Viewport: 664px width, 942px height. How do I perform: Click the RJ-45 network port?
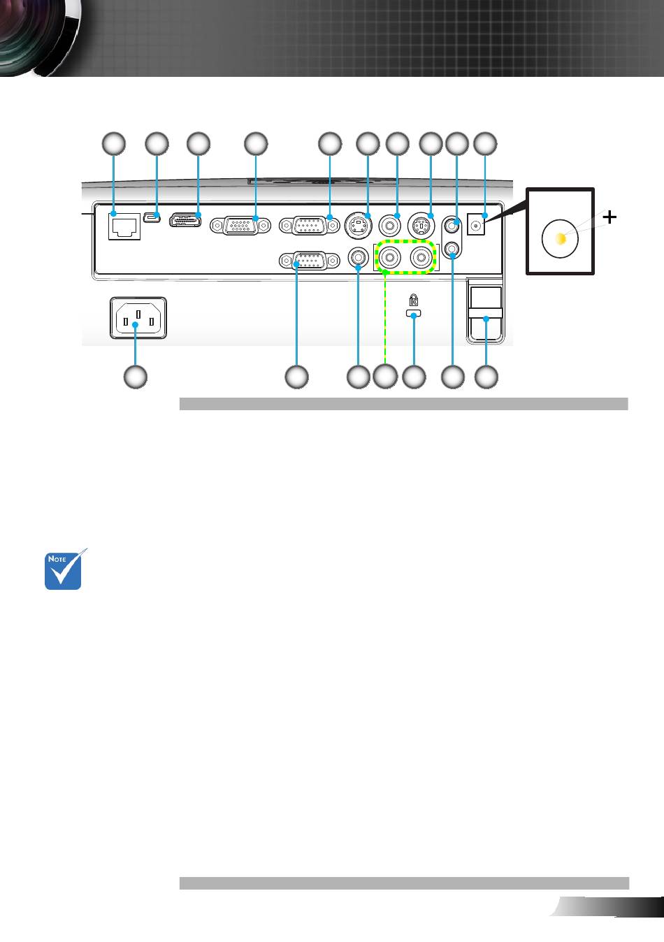coord(124,226)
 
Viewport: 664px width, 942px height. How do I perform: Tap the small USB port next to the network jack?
coord(152,218)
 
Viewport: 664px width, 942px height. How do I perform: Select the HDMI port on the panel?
coord(185,220)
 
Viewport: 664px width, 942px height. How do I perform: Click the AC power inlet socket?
coord(138,317)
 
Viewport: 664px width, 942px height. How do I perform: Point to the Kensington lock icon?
coord(414,300)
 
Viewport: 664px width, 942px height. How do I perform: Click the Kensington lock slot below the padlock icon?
coord(413,313)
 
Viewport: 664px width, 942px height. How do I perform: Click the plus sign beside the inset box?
coord(609,217)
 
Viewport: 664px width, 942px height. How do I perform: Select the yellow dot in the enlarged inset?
coord(561,238)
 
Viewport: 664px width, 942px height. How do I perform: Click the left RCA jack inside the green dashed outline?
coord(389,257)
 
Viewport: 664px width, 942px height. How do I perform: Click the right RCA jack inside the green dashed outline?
coord(421,257)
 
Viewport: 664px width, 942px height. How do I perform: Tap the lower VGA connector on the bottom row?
coord(310,261)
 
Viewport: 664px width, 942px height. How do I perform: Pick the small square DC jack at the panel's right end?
coord(476,224)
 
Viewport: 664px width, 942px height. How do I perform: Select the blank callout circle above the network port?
coord(113,144)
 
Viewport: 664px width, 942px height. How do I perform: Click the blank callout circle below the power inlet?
coord(136,377)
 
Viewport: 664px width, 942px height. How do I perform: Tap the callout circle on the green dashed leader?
coord(386,377)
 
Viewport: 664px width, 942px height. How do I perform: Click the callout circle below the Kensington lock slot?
coord(414,377)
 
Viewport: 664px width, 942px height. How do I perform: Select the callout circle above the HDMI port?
coord(199,144)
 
